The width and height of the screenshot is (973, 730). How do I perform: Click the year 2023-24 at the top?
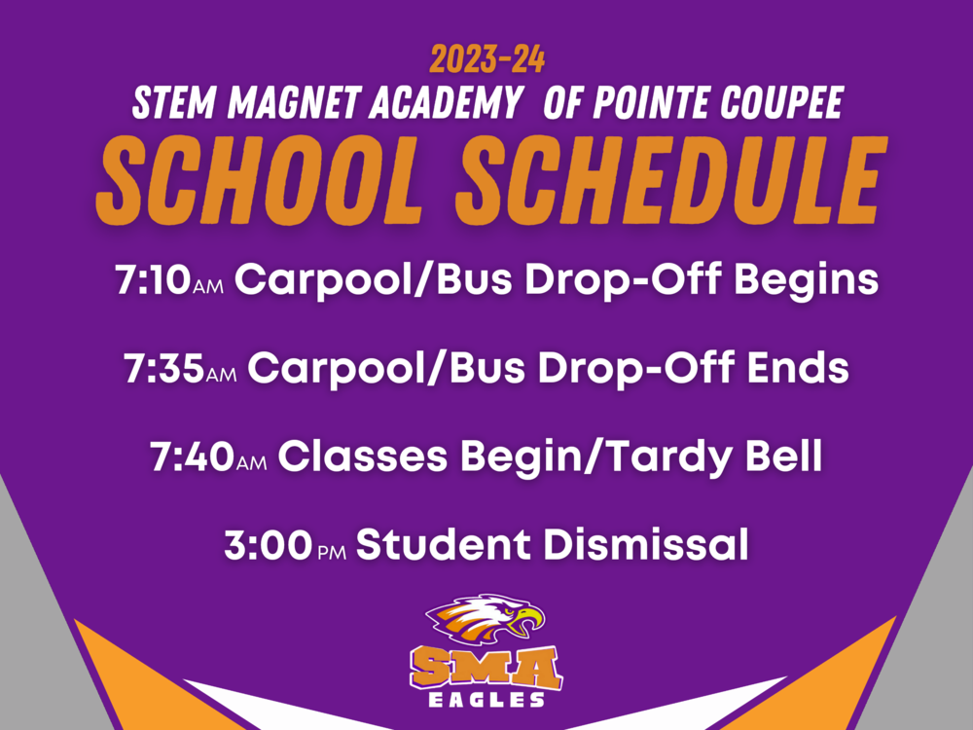[x=486, y=60]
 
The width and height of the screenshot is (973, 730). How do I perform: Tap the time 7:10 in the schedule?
[x=153, y=281]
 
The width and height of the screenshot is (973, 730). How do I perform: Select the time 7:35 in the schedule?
[x=163, y=369]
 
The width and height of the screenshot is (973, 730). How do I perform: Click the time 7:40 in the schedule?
[x=192, y=456]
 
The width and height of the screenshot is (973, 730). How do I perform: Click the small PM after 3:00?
[x=332, y=552]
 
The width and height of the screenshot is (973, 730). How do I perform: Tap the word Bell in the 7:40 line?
[x=786, y=456]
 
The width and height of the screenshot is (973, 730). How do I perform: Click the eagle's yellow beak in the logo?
[x=529, y=620]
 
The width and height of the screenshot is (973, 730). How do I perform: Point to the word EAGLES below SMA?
[x=486, y=700]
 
